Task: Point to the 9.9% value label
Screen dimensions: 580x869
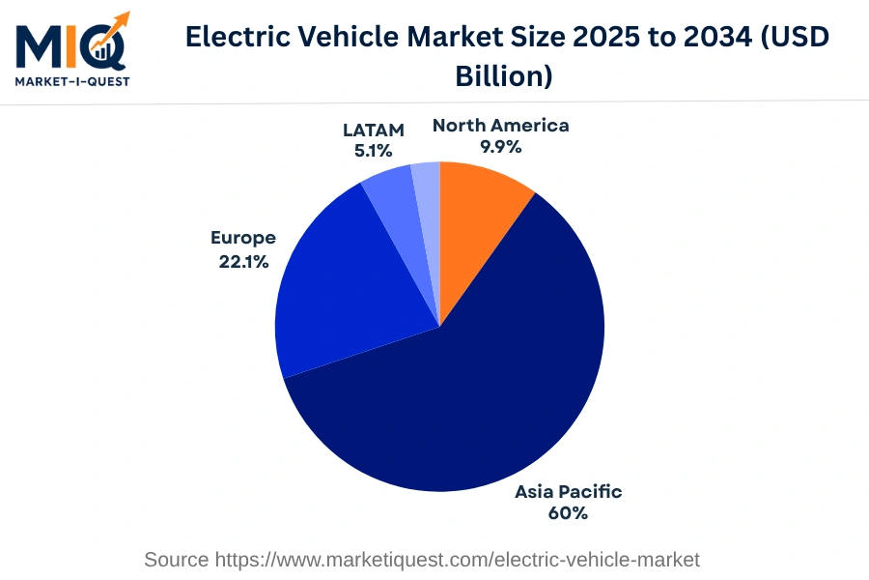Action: (x=501, y=147)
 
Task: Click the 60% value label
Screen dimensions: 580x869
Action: (x=568, y=513)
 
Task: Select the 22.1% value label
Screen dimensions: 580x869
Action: (x=243, y=260)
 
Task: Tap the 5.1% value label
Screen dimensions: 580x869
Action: (x=373, y=151)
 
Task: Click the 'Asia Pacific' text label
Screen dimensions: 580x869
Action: (x=568, y=491)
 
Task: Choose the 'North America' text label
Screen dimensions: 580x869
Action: (x=500, y=125)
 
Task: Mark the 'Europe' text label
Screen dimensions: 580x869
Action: (x=243, y=238)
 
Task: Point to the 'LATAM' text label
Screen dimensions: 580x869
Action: (x=373, y=129)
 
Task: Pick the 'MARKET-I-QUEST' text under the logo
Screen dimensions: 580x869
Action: (x=72, y=80)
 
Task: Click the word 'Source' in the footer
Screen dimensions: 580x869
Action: (x=176, y=559)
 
